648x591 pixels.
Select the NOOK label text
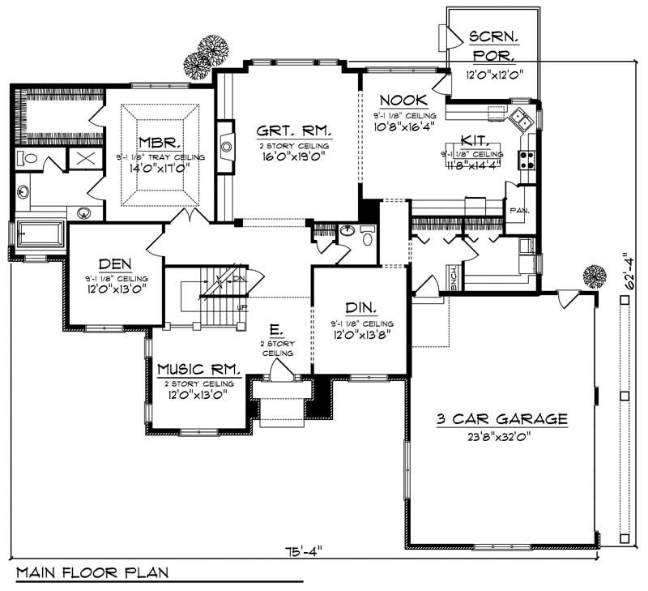tap(403, 100)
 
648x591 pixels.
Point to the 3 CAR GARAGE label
tap(501, 419)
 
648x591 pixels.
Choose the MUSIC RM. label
tap(199, 368)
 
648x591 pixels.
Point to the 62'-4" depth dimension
tap(627, 276)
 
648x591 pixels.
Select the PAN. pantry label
tap(518, 210)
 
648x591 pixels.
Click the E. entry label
tap(277, 331)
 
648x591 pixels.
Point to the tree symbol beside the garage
tap(595, 278)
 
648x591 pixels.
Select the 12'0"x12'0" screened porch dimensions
tap(493, 74)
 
